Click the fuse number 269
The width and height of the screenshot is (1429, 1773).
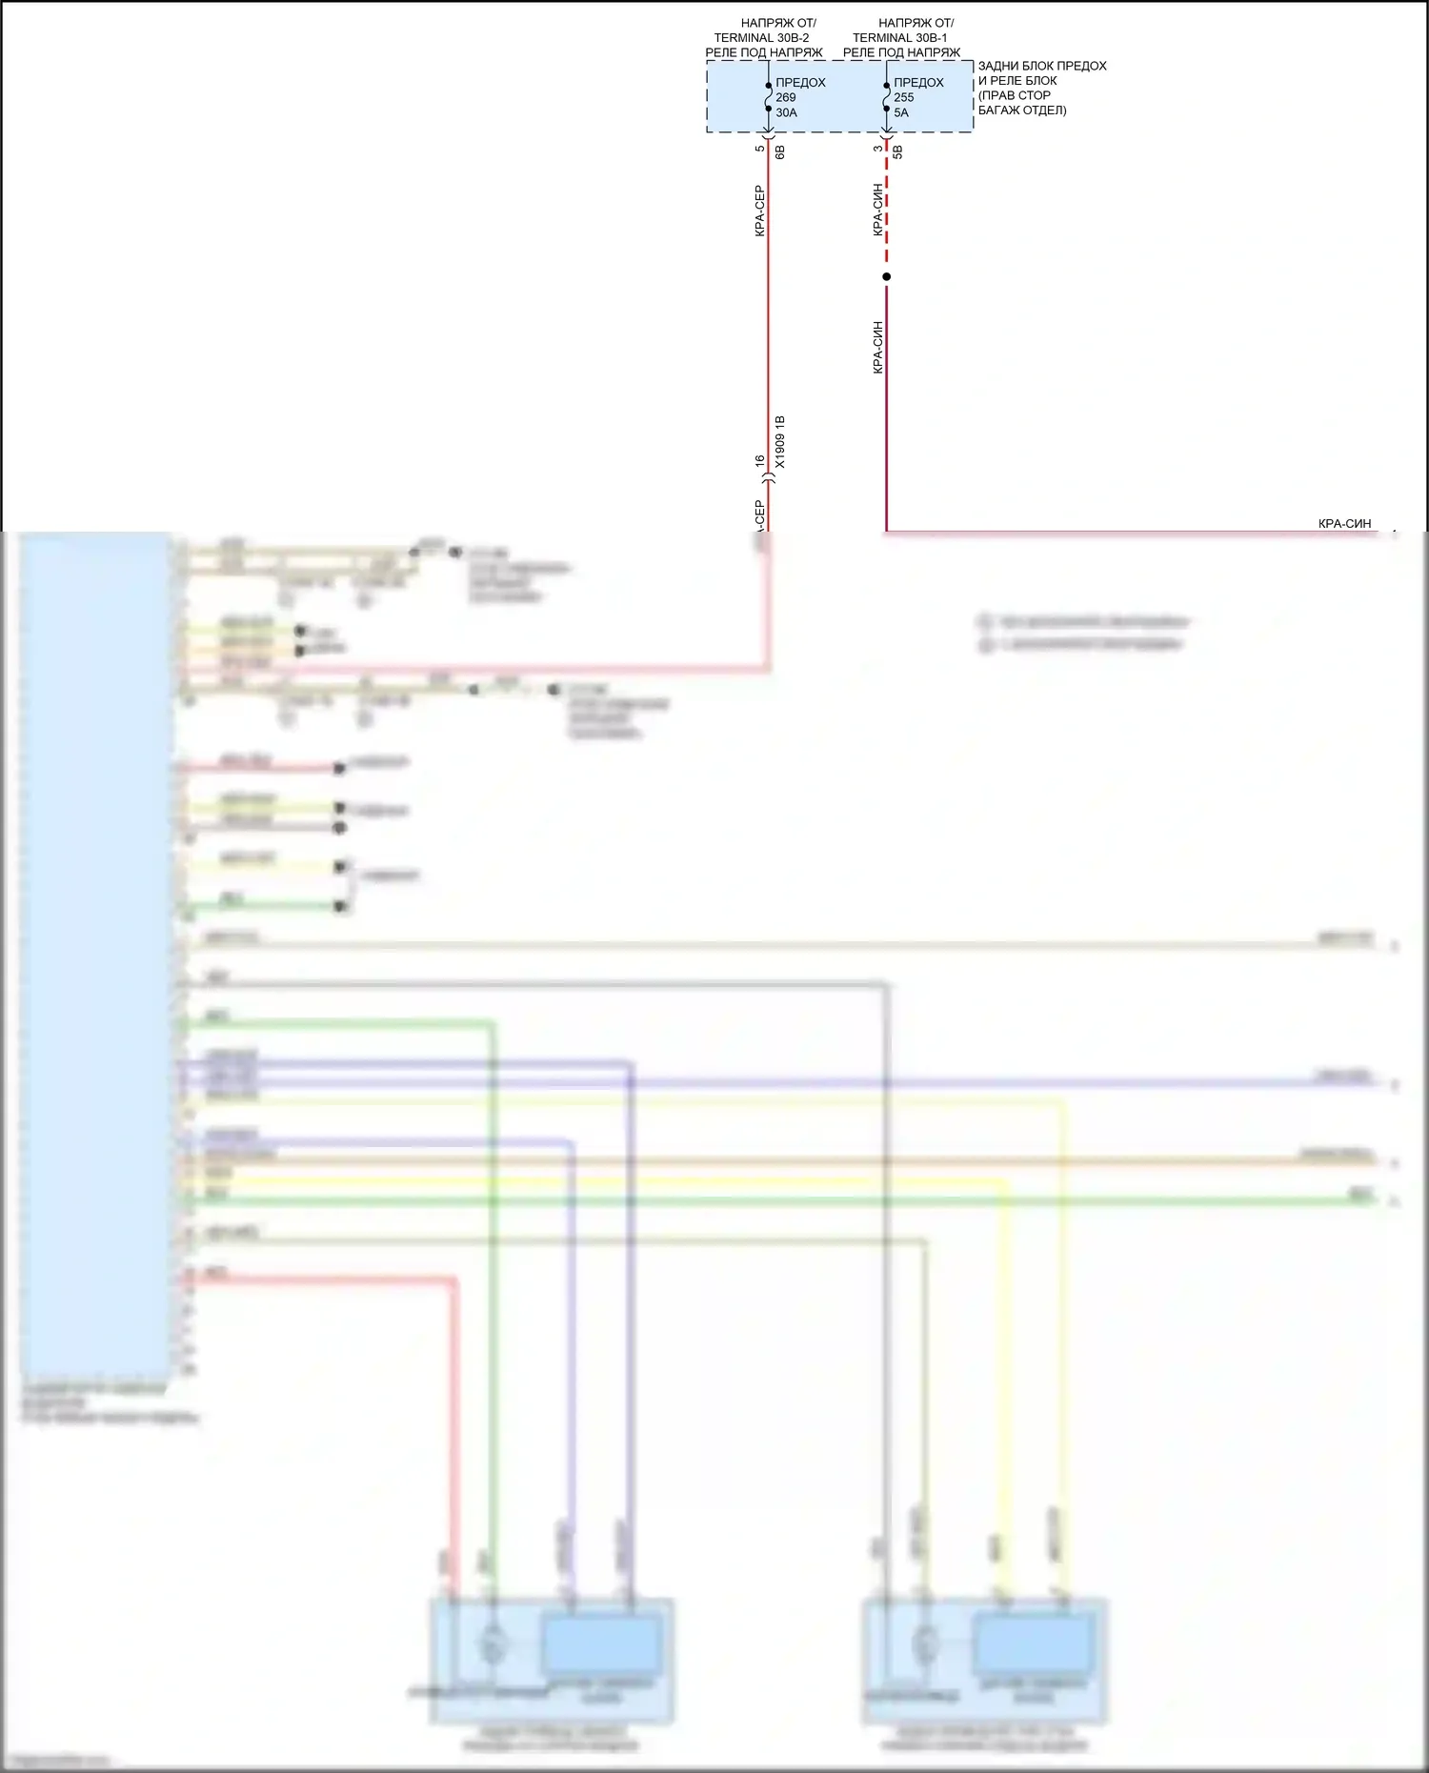786,97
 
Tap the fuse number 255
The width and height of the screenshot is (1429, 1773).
904,97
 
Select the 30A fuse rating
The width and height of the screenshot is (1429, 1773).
787,112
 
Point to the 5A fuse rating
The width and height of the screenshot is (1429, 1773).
901,112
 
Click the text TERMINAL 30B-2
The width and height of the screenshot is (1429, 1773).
762,38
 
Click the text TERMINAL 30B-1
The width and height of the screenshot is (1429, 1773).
900,38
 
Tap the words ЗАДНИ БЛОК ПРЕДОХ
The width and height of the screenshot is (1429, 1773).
1042,66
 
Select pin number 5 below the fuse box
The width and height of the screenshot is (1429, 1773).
759,148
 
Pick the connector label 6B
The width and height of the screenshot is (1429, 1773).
780,151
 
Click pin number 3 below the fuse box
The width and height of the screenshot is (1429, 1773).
877,148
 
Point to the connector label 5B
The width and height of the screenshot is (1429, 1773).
898,151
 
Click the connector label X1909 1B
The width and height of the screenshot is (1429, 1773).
780,442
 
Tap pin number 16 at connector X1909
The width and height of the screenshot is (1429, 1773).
759,461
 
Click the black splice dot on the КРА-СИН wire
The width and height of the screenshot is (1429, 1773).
886,277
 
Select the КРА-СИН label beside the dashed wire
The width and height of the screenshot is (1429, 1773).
877,211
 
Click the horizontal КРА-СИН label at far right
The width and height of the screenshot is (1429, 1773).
1344,523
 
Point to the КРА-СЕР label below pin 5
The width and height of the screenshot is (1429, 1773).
759,211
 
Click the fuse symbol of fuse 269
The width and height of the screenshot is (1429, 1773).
768,97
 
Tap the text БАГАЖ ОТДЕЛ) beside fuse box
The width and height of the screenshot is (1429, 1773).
1022,111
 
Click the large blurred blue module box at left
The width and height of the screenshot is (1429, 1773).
95,953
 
